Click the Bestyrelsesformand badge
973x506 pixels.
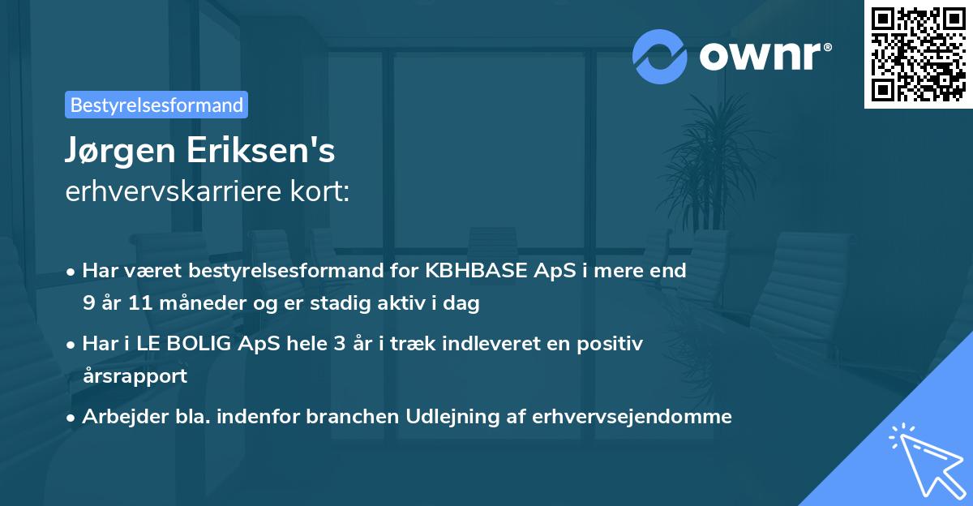156,105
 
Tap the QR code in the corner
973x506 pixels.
917,54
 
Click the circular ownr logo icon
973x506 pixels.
661,57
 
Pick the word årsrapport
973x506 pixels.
135,376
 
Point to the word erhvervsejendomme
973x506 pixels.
632,417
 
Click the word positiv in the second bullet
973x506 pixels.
615,344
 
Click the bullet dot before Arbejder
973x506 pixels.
72,418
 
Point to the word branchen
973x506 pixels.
358,417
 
